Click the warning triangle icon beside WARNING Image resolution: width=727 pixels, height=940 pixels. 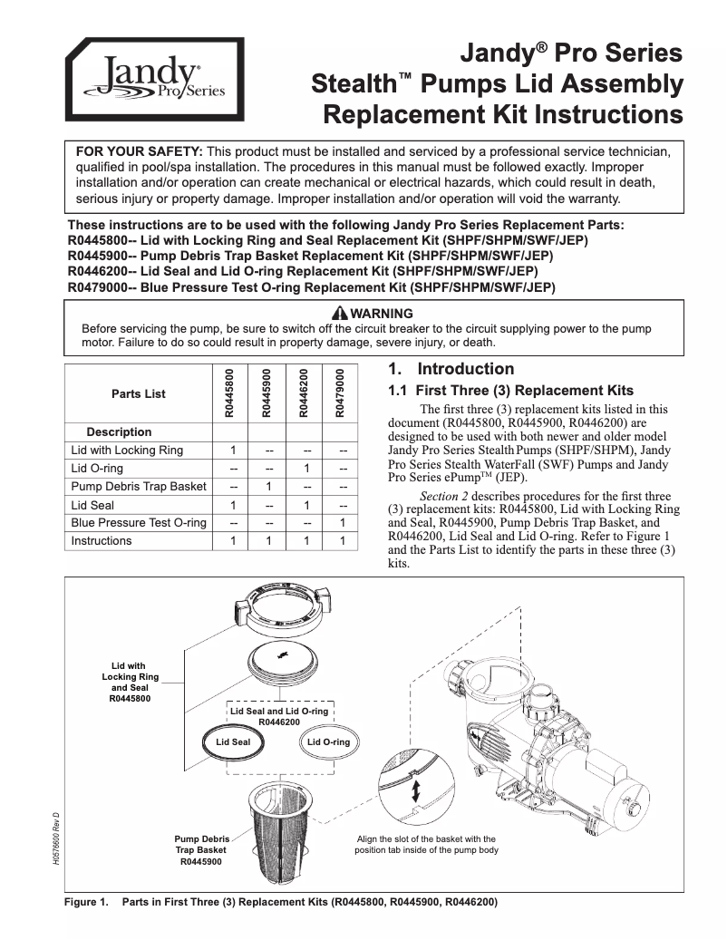click(315, 314)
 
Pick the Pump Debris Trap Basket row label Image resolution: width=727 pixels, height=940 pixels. click(139, 487)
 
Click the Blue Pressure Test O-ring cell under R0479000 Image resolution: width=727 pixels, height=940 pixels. click(342, 523)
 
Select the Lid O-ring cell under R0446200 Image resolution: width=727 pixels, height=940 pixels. click(305, 469)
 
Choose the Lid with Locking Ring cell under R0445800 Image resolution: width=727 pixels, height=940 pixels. click(233, 451)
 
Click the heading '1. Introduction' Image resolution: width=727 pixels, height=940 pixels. click(451, 369)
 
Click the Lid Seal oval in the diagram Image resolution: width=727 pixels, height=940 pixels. click(233, 741)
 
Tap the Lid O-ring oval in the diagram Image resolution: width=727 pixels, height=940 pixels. click(328, 741)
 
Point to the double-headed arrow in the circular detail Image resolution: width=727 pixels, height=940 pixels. click(416, 790)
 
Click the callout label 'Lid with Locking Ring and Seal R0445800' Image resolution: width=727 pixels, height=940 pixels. click(131, 683)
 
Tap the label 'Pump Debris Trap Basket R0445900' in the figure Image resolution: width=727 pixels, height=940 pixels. click(201, 850)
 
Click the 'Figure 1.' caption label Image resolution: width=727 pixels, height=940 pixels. click(87, 903)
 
